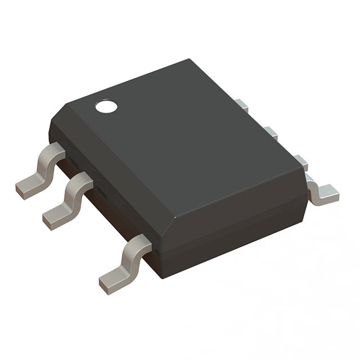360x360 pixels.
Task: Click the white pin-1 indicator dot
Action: pyautogui.click(x=105, y=106)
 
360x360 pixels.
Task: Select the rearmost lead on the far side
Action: pyautogui.click(x=241, y=105)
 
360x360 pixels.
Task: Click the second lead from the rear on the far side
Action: pyautogui.click(x=271, y=133)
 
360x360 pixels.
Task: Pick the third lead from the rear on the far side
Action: pyautogui.click(x=300, y=162)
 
